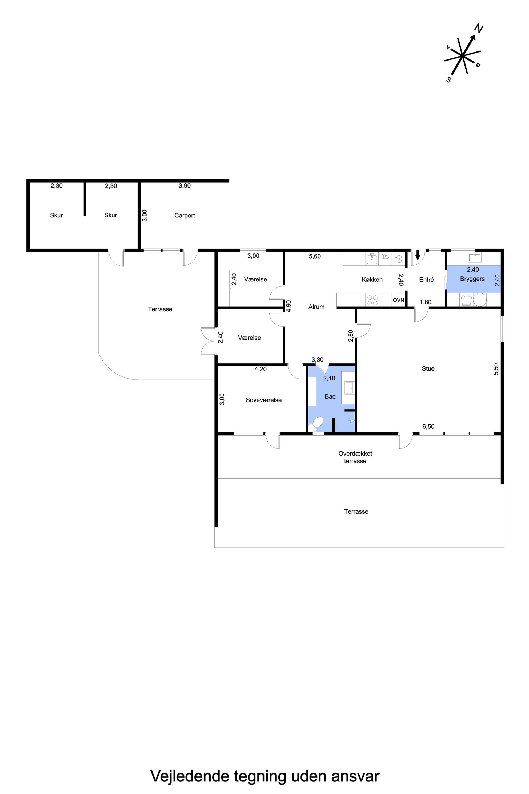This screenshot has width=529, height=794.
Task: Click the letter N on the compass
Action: click(x=479, y=29)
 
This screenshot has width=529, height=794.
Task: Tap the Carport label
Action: click(x=185, y=215)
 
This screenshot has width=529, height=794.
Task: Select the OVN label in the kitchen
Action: click(x=398, y=300)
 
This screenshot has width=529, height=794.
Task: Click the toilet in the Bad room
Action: click(x=316, y=424)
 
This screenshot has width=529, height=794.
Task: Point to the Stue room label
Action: click(x=428, y=369)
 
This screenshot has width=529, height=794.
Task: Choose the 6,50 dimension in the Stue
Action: click(x=428, y=427)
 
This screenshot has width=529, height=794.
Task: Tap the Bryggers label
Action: click(x=472, y=279)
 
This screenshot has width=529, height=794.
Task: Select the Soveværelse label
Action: click(x=263, y=400)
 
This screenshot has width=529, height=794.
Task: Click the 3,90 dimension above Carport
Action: click(x=185, y=186)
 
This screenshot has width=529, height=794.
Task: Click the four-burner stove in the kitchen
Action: click(x=372, y=300)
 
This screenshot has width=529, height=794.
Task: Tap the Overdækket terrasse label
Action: click(x=355, y=457)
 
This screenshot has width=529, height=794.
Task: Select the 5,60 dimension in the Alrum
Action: click(x=315, y=256)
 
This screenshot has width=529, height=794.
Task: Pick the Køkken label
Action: click(x=372, y=280)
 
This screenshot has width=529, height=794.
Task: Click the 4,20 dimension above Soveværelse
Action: click(x=261, y=369)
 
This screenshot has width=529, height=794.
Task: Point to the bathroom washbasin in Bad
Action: click(x=349, y=388)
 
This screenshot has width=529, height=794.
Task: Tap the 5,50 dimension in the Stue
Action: click(x=496, y=369)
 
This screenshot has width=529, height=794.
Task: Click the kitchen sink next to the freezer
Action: click(x=372, y=259)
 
